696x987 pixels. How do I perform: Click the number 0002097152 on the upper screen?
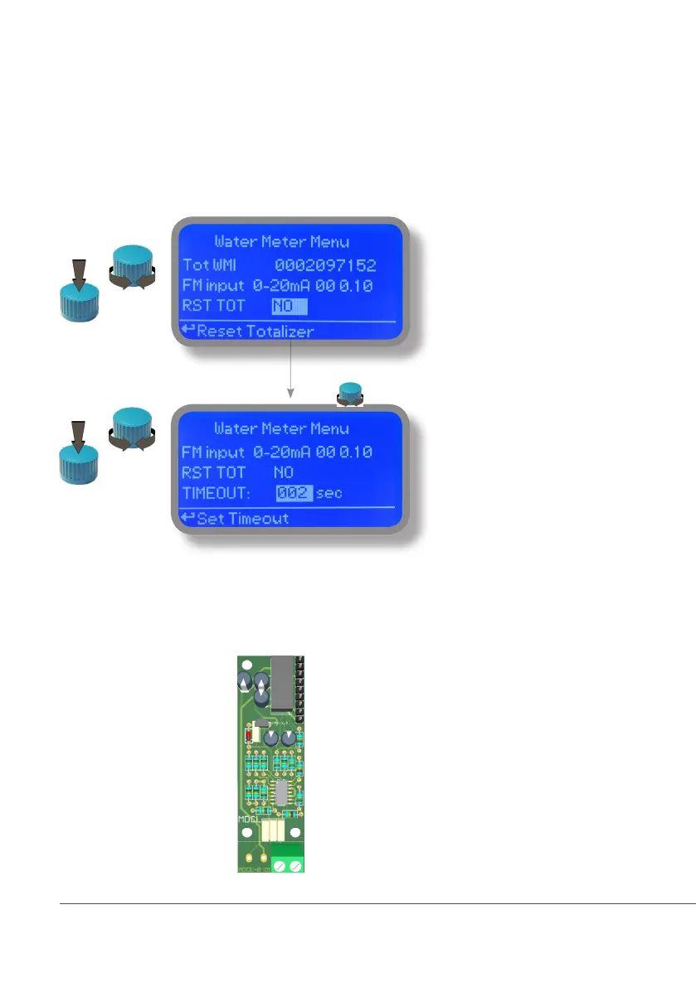pyautogui.click(x=325, y=266)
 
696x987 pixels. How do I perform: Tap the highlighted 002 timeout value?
pyautogui.click(x=294, y=493)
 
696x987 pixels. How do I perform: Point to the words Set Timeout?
pyautogui.click(x=242, y=519)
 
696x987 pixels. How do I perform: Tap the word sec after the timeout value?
pyautogui.click(x=329, y=493)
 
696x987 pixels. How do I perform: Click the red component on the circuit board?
pyautogui.click(x=249, y=734)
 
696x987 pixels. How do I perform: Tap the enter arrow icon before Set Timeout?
pyautogui.click(x=187, y=519)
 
